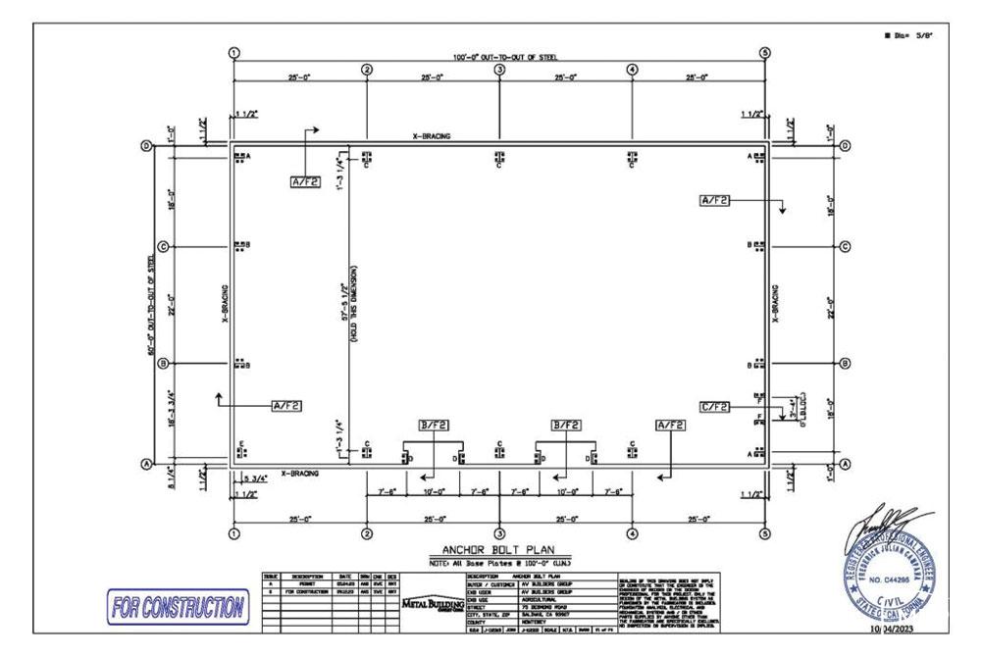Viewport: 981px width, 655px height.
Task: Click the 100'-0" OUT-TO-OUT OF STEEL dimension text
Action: [x=499, y=57]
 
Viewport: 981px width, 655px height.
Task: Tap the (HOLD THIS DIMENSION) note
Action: [x=353, y=305]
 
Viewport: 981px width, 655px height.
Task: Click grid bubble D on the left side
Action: [x=147, y=146]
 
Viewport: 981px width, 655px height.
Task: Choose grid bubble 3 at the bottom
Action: [x=499, y=534]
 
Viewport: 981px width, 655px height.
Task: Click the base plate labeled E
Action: [x=241, y=450]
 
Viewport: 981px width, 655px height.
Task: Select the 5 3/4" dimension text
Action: [x=255, y=478]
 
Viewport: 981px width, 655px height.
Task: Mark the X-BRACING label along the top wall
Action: [x=432, y=136]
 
